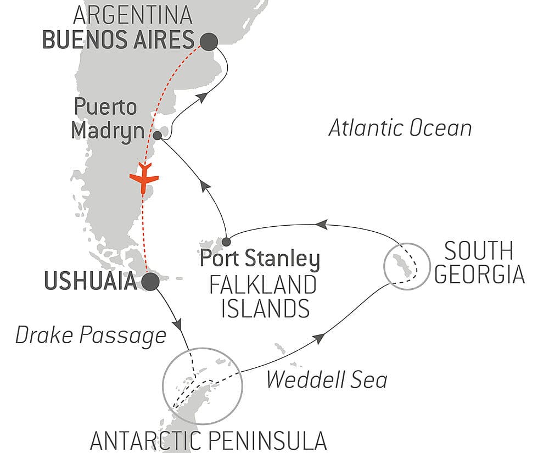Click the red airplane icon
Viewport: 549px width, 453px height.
point(144,177)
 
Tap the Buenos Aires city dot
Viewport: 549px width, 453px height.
point(209,41)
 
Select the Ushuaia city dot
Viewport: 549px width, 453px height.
point(150,282)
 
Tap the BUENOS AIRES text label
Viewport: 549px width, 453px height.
point(118,40)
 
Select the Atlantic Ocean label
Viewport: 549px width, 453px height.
point(400,128)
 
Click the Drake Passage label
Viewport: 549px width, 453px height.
point(91,335)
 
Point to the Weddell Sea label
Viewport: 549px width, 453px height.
point(327,379)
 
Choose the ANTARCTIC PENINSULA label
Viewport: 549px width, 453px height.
point(208,440)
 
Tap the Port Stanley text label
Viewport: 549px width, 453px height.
point(260,258)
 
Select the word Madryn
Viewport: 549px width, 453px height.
point(104,131)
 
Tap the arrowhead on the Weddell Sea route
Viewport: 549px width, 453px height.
point(318,339)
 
